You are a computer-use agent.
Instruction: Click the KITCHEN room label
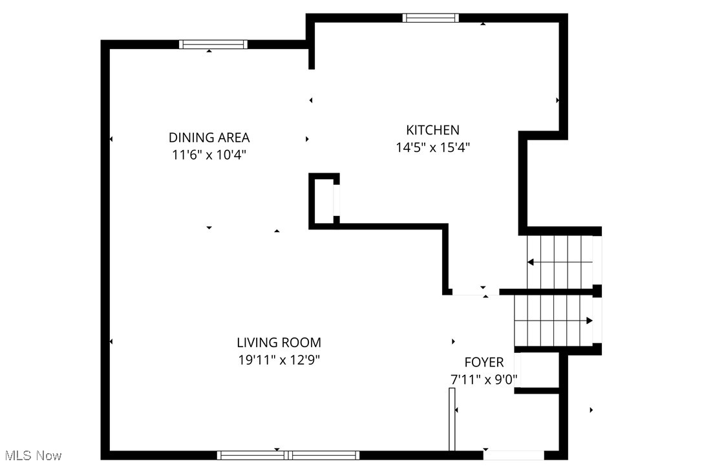(432, 130)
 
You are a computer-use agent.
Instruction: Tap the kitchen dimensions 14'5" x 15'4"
(432, 147)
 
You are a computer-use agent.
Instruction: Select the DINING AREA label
(209, 138)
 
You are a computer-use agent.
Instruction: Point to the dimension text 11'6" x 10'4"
(209, 155)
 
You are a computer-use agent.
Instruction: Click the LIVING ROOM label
(279, 343)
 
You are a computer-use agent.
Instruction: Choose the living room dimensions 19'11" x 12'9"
(279, 360)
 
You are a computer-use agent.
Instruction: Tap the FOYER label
(484, 362)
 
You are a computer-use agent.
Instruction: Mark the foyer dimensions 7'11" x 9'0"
(484, 379)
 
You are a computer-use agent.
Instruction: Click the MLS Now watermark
(31, 456)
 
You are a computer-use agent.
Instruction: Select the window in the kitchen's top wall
(431, 17)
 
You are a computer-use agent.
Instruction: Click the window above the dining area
(213, 45)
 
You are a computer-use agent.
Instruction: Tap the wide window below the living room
(288, 455)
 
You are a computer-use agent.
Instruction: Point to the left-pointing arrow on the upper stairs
(531, 262)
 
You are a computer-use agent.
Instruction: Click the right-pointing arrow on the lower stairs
(589, 321)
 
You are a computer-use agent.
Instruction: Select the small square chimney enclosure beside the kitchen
(324, 200)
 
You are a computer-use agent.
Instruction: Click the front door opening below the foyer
(514, 455)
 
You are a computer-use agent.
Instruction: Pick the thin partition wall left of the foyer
(452, 419)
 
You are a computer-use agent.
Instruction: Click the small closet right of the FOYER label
(537, 372)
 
